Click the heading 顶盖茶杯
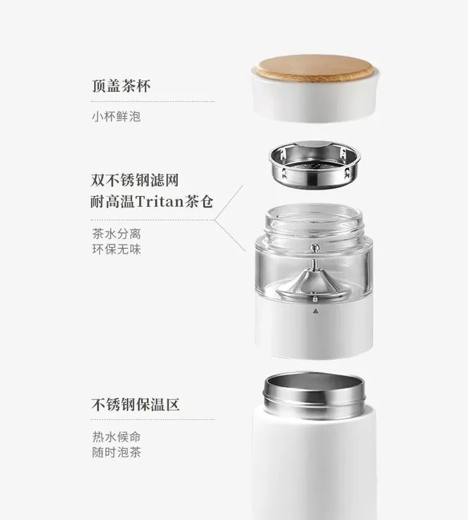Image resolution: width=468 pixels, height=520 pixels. coord(121,85)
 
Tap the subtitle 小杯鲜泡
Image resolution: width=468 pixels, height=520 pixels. coord(115,117)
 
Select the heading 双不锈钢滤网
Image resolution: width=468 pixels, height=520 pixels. coord(139,178)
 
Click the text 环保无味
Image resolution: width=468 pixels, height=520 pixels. coord(115,249)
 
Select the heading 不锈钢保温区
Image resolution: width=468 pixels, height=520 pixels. coord(135,405)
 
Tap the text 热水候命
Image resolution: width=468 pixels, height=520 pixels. coord(115,437)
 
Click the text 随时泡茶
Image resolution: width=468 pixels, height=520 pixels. coord(115,453)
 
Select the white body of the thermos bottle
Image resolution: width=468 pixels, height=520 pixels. coord(312,462)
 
